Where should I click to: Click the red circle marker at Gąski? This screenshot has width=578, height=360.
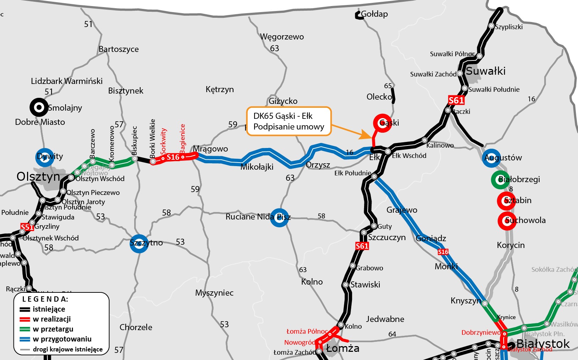[382, 123]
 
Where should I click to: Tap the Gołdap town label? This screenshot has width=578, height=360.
[374, 14]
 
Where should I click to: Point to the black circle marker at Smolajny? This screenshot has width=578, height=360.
[39, 107]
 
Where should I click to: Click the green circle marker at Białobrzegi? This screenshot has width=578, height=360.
[500, 180]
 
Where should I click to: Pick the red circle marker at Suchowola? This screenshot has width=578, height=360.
[506, 221]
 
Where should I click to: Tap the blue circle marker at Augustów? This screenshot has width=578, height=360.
[492, 158]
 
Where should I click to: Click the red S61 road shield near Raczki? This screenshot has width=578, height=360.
[456, 101]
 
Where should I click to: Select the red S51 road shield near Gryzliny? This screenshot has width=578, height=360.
[27, 227]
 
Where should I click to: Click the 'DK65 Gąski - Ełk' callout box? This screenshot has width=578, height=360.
[289, 121]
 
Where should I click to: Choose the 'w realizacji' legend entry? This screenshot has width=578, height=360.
[52, 319]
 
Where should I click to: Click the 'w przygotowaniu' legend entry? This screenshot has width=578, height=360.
[62, 339]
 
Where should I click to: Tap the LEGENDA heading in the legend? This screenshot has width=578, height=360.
[45, 299]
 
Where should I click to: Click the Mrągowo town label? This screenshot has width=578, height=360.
[210, 149]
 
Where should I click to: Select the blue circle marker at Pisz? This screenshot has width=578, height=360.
[279, 217]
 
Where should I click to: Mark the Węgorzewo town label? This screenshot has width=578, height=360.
[282, 37]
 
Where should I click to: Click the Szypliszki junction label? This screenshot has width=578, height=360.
[509, 27]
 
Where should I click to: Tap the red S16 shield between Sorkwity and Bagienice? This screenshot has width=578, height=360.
[173, 157]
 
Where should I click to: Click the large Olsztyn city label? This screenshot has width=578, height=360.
[38, 176]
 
